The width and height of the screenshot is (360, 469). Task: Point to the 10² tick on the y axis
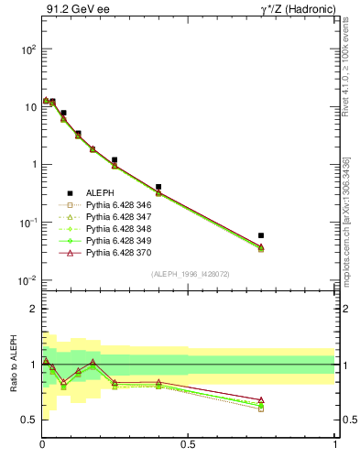pos(27,49)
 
